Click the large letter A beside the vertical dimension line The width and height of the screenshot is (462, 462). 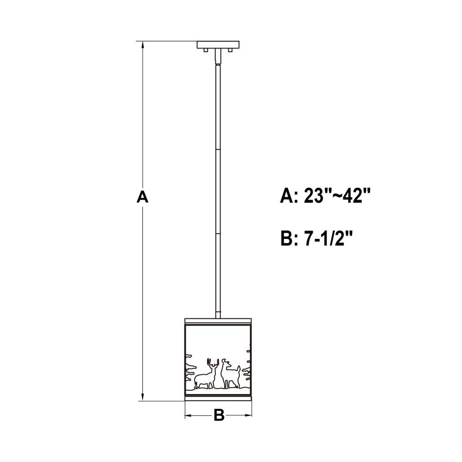[x=142, y=197]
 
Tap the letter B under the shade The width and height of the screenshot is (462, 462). [x=219, y=415]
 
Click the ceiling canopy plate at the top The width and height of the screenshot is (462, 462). [x=218, y=45]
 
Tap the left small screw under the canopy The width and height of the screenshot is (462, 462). [x=206, y=50]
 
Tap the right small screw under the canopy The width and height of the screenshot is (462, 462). [x=231, y=50]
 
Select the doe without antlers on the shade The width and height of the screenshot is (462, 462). [x=230, y=374]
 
